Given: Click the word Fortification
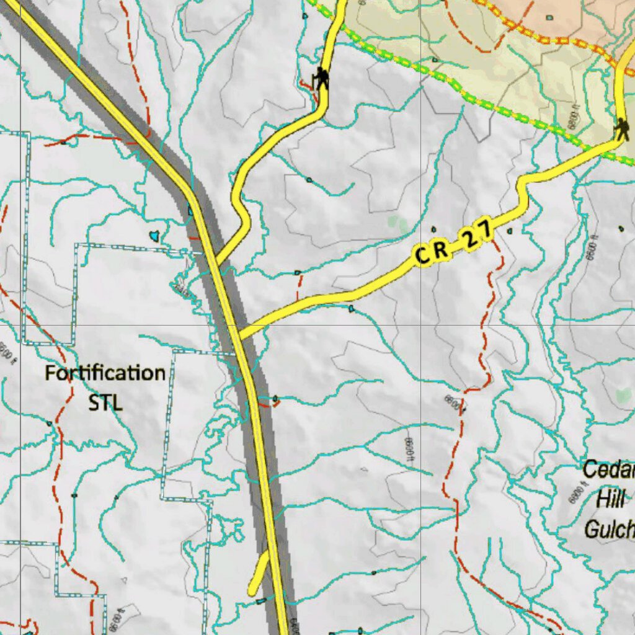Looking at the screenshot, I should tap(105, 373).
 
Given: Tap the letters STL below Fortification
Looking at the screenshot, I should tap(105, 402).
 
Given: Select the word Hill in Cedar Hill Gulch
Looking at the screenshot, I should tap(611, 498).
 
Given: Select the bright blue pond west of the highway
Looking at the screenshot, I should tap(154, 236).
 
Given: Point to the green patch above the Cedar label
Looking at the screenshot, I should tap(623, 394).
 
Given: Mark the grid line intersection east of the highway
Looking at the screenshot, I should tap(421, 324).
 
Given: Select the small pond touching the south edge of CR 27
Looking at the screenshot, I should tap(352, 308).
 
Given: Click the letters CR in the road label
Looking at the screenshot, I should tap(432, 252).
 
